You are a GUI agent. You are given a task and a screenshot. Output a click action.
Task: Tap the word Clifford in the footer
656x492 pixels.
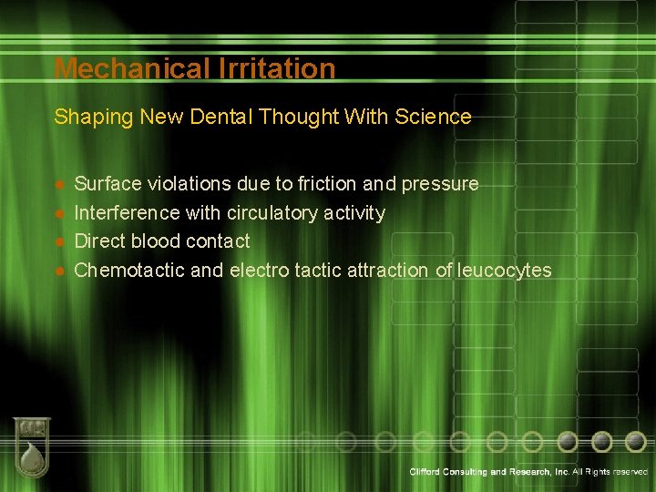click(x=427, y=472)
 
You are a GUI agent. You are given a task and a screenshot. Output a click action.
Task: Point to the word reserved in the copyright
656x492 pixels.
click(x=631, y=472)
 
